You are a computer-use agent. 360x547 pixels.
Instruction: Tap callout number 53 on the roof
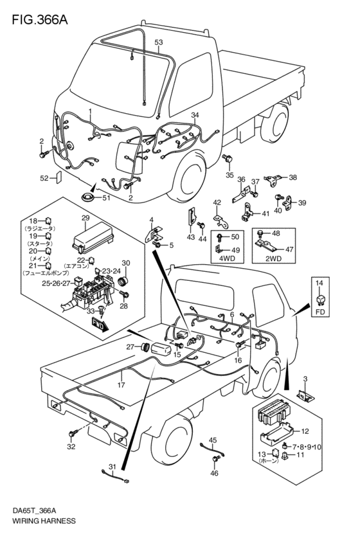coord(159,42)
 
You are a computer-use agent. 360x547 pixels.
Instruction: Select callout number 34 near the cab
coord(195,114)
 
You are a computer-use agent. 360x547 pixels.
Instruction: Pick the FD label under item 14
coord(321,314)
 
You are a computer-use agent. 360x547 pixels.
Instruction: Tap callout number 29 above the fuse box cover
coord(85,220)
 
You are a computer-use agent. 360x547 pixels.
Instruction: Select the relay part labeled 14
coord(321,297)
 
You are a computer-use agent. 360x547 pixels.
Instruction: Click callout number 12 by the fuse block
coord(305,431)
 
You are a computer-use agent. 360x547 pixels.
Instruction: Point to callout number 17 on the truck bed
coord(120,386)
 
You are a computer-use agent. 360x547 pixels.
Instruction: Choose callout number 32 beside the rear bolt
coord(71,445)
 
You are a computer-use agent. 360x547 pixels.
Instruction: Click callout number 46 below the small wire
coord(214,474)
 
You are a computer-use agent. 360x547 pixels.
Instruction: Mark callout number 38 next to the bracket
coord(293,177)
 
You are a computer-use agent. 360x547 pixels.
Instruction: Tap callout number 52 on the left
coord(44,178)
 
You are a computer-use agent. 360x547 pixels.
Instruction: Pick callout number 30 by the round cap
coord(126,263)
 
